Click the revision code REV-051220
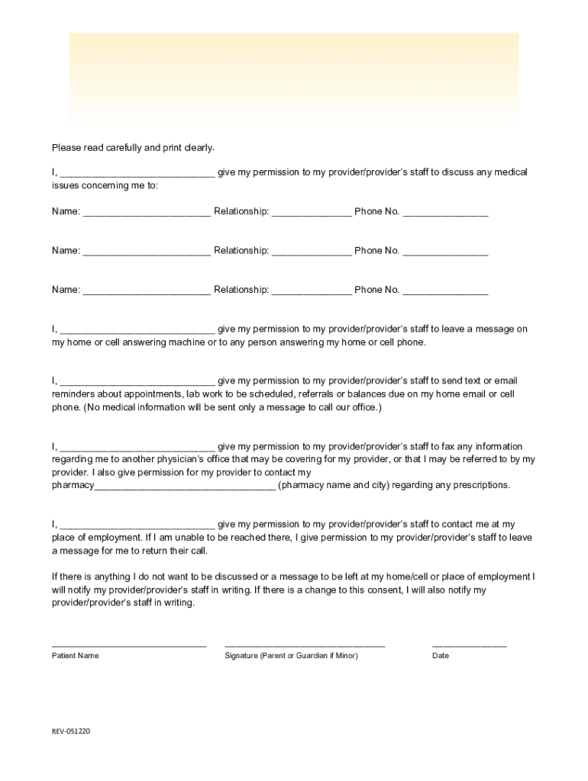point(71,731)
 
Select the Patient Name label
point(75,656)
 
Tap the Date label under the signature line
point(441,656)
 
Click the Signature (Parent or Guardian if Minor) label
point(291,656)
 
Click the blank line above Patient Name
point(129,646)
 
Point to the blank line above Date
point(469,646)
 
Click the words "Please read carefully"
point(97,147)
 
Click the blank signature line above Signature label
point(305,646)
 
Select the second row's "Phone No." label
point(376,251)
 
